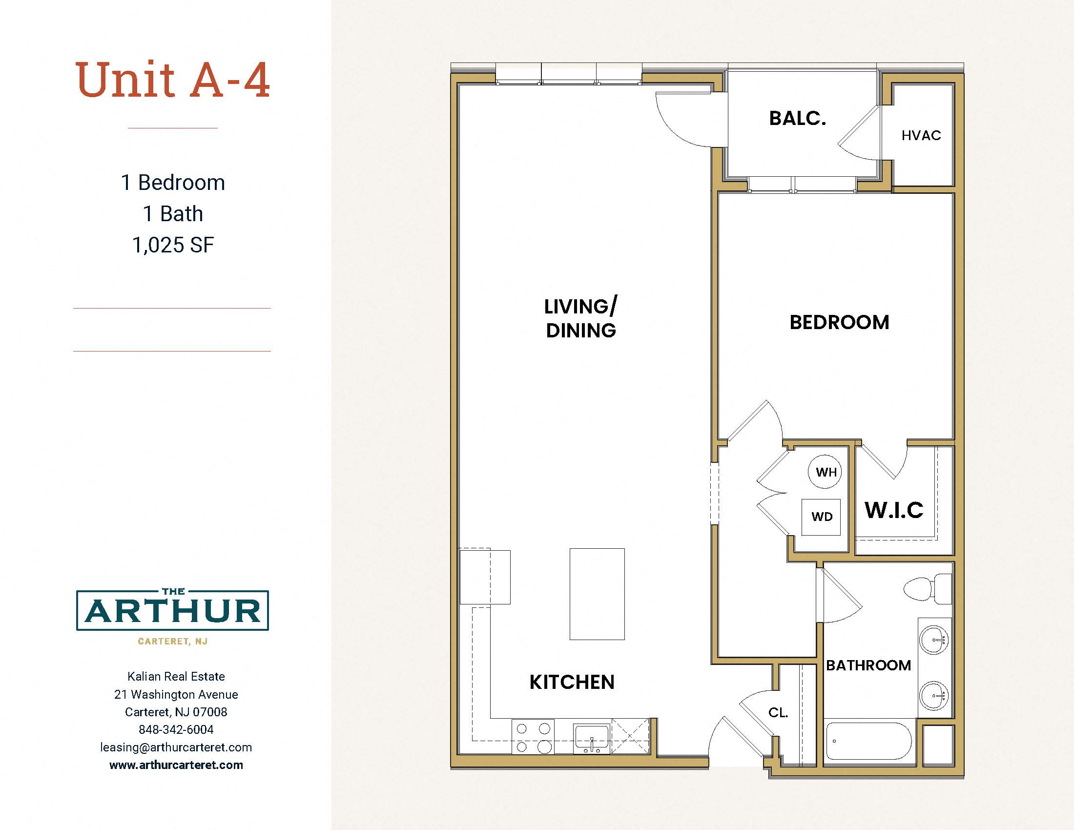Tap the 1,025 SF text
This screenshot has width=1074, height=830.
pos(173,245)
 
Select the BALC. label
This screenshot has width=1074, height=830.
pos(798,118)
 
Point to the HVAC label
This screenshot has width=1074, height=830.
pos(921,135)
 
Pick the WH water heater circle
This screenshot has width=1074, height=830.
pos(825,472)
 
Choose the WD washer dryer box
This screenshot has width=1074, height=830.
pos(821,517)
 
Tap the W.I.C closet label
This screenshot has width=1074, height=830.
pos(894,510)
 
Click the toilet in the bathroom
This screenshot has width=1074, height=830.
pos(928,589)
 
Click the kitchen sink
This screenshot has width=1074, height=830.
pos(592,738)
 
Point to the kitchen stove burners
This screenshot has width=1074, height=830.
pos(533,738)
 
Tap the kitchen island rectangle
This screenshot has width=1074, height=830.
pos(597,594)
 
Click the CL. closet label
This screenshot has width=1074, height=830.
pos(778,712)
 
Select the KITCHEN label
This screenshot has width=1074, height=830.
pos(572,682)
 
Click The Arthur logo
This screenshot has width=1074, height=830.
pos(173,616)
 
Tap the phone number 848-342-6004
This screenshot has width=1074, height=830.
pos(176,729)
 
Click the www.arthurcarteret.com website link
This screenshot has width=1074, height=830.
pos(176,765)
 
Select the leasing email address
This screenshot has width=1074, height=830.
pos(176,747)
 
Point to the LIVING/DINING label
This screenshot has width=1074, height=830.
pos(581,318)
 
